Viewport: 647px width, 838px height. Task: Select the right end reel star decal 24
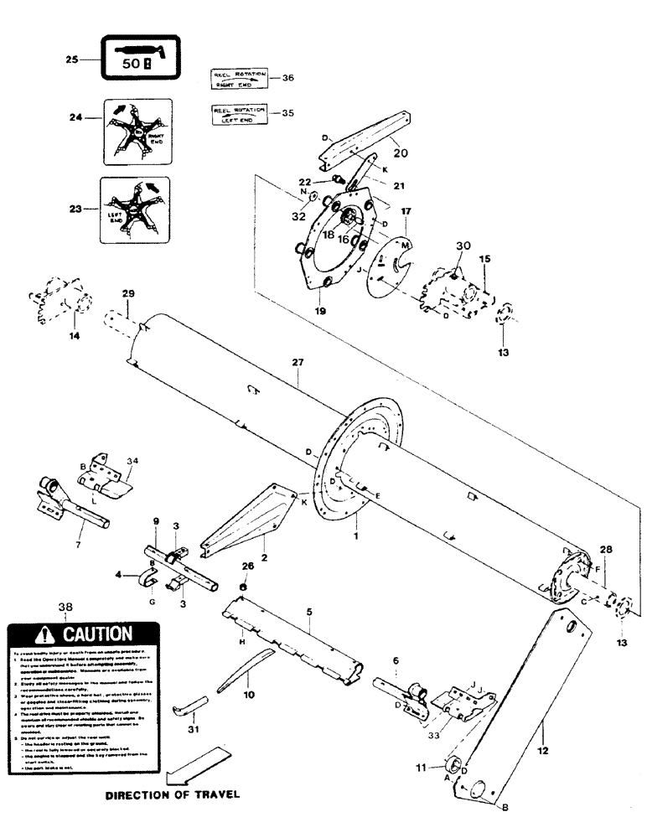[137, 132]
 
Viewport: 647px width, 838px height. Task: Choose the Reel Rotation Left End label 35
[238, 115]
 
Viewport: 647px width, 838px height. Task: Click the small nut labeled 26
[243, 587]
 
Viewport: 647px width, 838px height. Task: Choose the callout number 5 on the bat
[308, 613]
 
